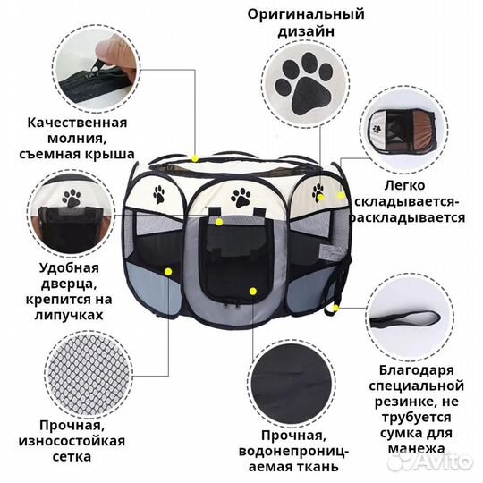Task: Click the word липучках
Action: click(70, 315)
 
